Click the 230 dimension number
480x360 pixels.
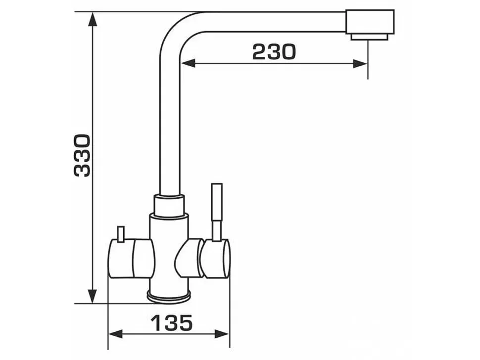click(274, 51)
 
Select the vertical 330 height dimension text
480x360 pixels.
click(82, 155)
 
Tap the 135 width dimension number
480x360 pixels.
click(172, 323)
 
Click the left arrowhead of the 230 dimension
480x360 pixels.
click(188, 64)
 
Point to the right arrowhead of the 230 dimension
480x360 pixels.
click(360, 64)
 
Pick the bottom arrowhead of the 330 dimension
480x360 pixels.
click(92, 296)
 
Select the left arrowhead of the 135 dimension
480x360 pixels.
click(116, 334)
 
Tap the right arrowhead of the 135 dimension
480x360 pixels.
click(222, 334)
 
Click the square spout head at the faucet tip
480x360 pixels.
click(370, 22)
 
